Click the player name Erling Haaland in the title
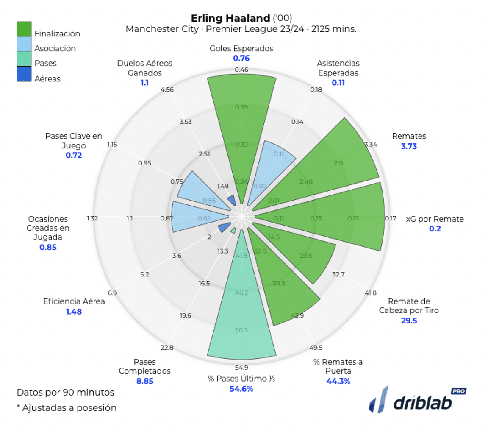[230, 18]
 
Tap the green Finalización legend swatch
[24, 29]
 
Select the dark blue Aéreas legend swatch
[24, 74]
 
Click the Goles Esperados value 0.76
[241, 58]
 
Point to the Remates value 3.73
[409, 146]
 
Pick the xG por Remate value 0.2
[435, 229]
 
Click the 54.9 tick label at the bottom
[241, 368]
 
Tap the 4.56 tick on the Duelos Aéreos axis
[167, 90]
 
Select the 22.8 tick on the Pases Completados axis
[167, 348]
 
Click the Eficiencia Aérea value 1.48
[74, 312]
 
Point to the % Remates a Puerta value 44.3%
[338, 381]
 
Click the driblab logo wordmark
[422, 403]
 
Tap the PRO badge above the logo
[459, 391]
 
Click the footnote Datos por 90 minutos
[65, 392]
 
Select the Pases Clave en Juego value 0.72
[74, 156]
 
